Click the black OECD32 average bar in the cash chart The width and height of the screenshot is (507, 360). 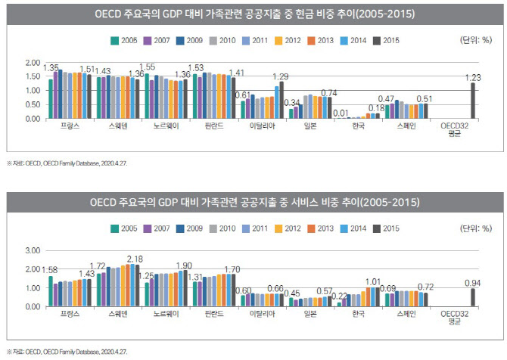coord(473,101)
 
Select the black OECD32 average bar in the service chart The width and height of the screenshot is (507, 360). coord(473,297)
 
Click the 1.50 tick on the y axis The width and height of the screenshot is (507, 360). coord(32,76)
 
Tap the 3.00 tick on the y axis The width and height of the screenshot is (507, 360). coord(32,250)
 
